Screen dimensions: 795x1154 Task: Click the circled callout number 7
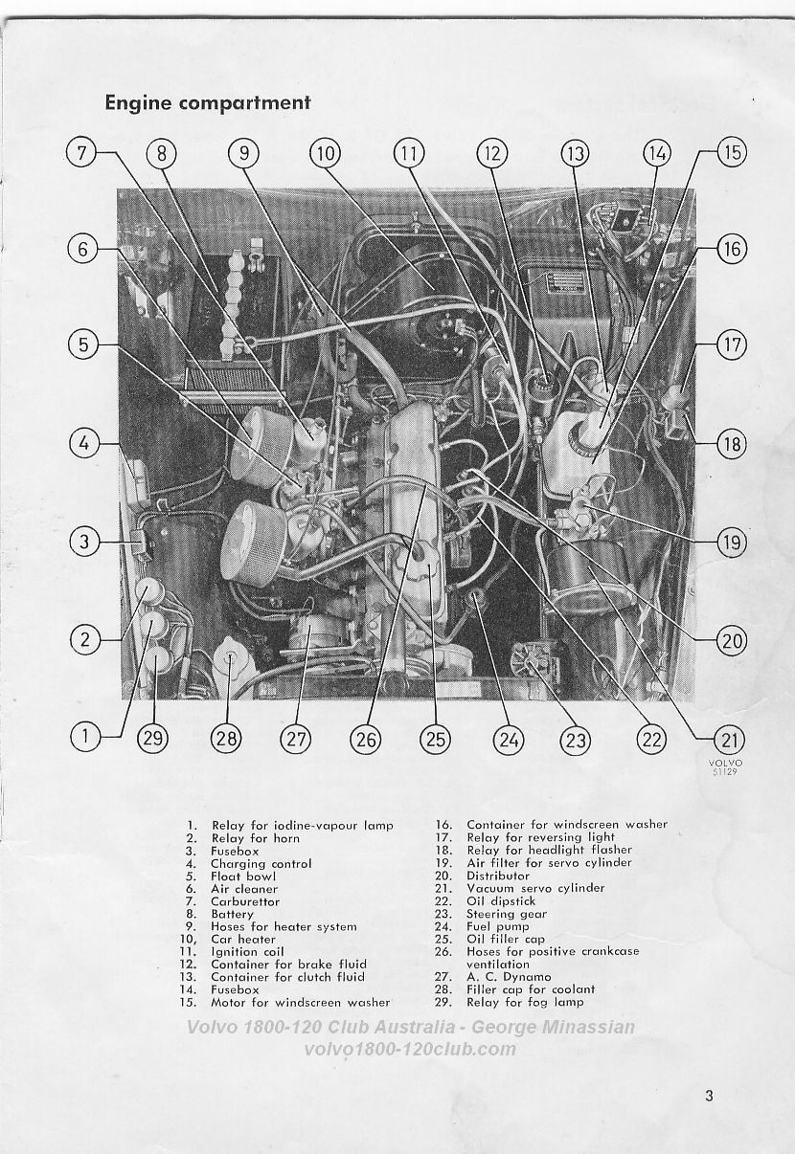click(x=81, y=153)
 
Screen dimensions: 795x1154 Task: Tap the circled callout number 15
click(x=732, y=152)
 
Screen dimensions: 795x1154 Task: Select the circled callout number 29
click(x=153, y=740)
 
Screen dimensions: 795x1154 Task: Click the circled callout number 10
click(x=326, y=153)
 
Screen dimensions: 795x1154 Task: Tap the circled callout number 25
click(x=436, y=740)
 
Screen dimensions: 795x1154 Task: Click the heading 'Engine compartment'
click(x=208, y=102)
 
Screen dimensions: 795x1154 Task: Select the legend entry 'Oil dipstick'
click(x=501, y=901)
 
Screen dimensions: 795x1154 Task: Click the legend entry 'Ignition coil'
click(x=247, y=952)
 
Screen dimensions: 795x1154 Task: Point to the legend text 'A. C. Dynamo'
click(x=509, y=977)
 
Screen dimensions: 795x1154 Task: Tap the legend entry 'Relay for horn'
click(x=256, y=838)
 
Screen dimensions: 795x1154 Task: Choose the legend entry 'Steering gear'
click(x=507, y=914)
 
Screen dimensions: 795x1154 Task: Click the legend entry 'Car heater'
click(x=243, y=939)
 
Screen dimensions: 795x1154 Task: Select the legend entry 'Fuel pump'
click(x=497, y=926)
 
